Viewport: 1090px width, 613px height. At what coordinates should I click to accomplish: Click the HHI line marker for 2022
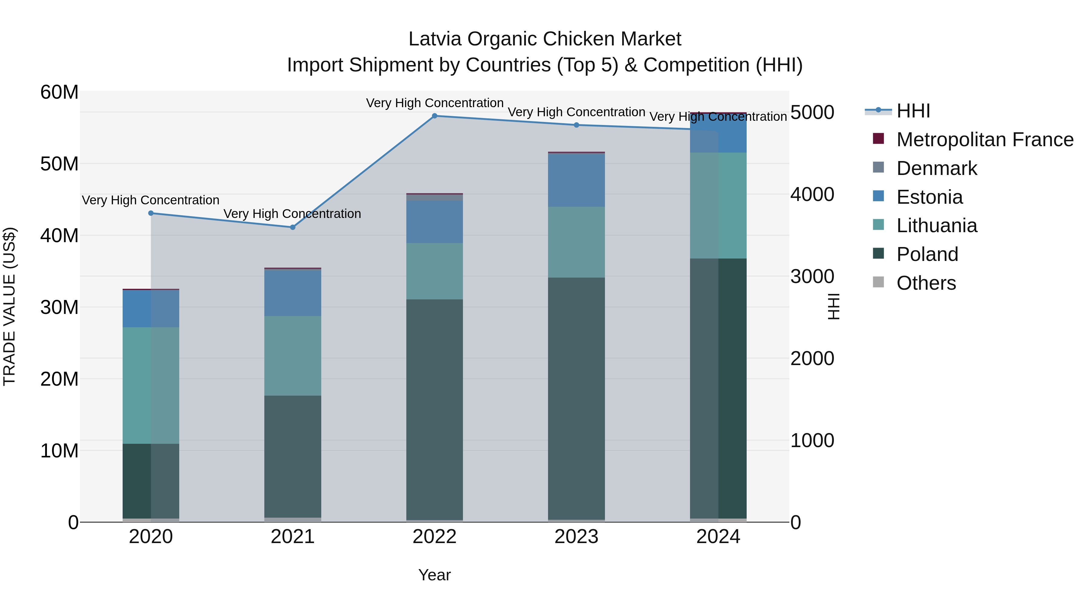point(434,116)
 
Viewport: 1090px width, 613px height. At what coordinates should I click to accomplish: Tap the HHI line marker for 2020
point(151,213)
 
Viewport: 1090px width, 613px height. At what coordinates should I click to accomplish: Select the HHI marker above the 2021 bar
point(292,227)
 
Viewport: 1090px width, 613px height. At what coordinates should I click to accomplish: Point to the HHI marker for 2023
point(576,125)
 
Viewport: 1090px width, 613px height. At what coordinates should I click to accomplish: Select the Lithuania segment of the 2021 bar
point(292,356)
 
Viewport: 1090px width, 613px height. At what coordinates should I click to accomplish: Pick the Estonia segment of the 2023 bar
point(576,180)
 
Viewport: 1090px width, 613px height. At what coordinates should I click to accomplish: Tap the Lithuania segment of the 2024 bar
point(718,206)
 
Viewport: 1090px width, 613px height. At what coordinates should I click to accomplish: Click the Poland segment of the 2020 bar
point(151,481)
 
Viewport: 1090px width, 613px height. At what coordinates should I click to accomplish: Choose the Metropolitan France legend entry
point(984,140)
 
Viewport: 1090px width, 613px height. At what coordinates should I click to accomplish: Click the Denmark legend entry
point(936,168)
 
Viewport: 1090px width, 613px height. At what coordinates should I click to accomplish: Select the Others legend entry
point(926,283)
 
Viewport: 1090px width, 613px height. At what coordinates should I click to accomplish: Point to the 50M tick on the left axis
point(59,164)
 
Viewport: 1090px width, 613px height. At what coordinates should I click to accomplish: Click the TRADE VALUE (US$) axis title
point(9,306)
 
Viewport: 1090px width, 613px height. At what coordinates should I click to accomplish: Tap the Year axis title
point(434,575)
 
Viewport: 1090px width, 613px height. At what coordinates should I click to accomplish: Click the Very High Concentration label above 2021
point(292,214)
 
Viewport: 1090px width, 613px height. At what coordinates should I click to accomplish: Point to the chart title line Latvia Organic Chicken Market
point(545,39)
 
